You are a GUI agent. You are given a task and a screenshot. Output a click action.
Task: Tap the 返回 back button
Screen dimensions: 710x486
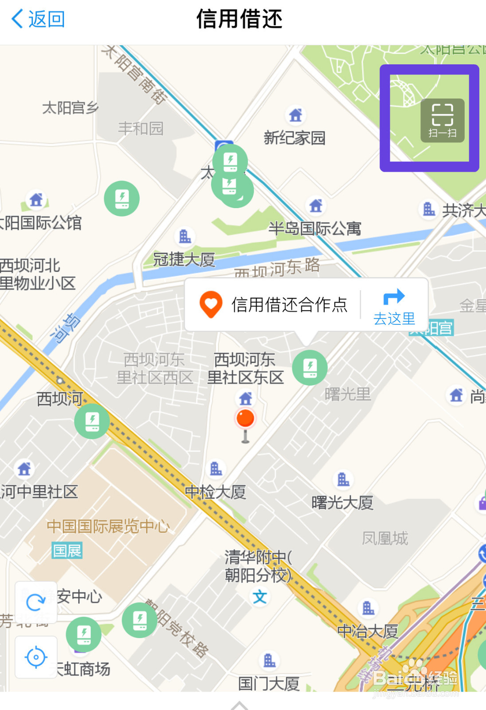38,19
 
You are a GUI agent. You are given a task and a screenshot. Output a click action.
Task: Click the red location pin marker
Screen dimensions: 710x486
245,419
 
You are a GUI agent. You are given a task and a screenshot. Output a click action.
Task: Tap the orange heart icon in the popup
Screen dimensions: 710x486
210,304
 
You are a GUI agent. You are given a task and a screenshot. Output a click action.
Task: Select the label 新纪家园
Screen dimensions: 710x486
295,138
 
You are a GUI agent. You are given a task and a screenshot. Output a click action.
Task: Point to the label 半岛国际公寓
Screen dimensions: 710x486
315,228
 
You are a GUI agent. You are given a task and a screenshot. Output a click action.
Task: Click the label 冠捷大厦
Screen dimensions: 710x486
184,259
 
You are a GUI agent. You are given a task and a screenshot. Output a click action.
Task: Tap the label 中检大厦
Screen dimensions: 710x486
215,492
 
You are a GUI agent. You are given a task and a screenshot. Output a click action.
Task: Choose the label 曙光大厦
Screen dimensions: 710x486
342,502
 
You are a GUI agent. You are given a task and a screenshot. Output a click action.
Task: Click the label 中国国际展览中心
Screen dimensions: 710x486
108,526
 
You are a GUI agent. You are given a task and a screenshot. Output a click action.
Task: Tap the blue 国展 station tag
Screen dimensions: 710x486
67,550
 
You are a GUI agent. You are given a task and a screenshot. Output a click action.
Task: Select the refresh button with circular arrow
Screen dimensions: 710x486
35,602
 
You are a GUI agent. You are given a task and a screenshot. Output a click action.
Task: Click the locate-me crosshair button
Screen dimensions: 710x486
35,657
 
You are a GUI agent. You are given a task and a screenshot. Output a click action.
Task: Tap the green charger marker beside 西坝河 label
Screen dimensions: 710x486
92,421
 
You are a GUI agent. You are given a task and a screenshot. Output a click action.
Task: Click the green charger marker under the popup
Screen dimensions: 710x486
310,368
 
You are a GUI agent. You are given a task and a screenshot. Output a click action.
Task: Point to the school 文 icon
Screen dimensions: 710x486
260,597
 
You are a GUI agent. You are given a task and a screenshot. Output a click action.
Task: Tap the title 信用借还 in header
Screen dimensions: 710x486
239,19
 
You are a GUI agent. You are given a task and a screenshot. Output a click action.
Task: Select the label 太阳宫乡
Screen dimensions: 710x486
70,107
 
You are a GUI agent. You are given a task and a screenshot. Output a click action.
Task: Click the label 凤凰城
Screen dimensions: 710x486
385,538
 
